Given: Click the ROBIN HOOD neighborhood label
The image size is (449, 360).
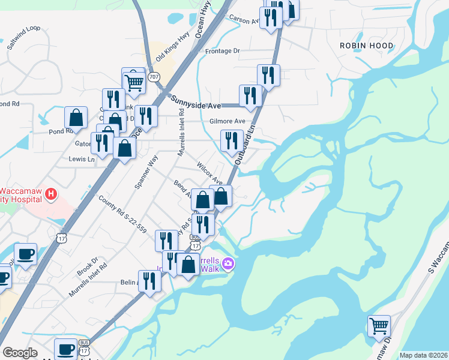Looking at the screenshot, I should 366,46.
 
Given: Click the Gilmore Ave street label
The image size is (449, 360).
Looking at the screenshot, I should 227,121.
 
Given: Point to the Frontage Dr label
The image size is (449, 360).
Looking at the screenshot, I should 222,51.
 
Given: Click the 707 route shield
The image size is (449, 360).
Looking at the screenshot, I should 154,76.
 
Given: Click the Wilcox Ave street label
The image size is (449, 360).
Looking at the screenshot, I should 210,174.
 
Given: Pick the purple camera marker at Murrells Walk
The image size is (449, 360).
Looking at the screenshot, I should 228,263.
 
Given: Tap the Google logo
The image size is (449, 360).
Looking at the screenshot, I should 20,353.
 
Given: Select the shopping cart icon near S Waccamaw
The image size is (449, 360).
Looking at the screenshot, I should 379,326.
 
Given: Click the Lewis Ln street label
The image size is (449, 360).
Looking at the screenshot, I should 82,160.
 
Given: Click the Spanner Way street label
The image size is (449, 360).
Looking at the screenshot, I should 146,173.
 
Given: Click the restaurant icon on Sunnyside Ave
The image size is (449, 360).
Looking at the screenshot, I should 250,95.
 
